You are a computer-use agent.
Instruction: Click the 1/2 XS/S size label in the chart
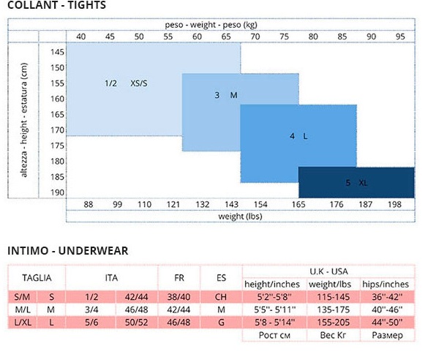tap(126, 83)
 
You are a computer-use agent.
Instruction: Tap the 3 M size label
tap(226, 95)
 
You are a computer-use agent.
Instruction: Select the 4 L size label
tap(299, 136)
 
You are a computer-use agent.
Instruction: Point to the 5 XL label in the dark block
tap(356, 183)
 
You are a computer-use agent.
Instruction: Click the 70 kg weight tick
tap(255, 37)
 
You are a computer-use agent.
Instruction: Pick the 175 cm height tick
tap(57, 146)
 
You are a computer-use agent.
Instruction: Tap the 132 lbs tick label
tap(202, 204)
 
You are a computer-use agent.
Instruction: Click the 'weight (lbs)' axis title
tap(240, 217)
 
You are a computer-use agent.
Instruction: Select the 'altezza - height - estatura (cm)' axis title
tap(24, 120)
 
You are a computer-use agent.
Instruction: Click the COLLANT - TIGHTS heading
tap(57, 5)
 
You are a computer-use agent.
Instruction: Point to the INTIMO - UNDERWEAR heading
tap(68, 251)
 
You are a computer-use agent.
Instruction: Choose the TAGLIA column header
tap(37, 278)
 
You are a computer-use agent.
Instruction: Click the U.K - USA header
tap(328, 271)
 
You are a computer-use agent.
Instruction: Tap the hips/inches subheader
tap(386, 284)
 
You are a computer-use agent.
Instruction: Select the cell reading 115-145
tap(334, 297)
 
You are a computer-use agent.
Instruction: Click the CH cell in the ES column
tap(221, 297)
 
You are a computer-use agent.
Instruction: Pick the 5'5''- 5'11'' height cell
tap(275, 310)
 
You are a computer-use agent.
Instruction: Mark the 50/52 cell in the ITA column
tap(137, 323)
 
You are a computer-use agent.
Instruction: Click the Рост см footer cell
tap(274, 335)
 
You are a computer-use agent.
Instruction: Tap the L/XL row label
tap(23, 323)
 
